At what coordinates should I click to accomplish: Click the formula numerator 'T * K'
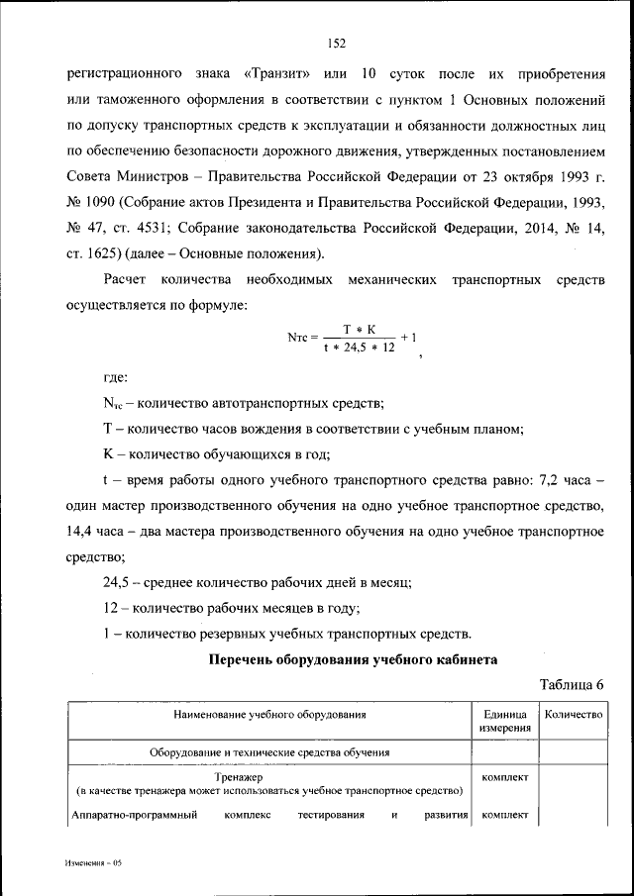[x=357, y=328]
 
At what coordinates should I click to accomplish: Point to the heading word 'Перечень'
[x=245, y=658]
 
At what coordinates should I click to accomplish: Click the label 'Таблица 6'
[x=571, y=684]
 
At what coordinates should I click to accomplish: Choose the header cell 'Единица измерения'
[x=504, y=720]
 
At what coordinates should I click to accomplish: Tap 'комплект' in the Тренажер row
[x=504, y=777]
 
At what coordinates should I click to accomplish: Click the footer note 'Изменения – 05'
[x=93, y=863]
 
